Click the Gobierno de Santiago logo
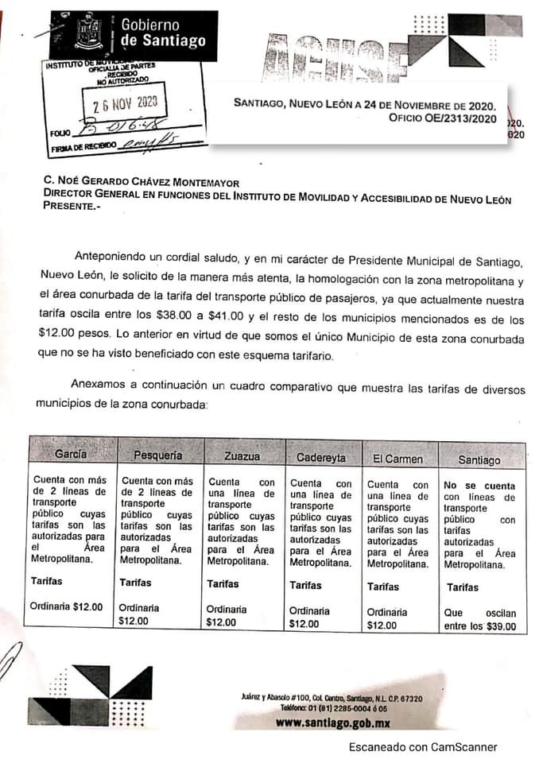[x=133, y=34]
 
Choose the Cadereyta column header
[x=320, y=458]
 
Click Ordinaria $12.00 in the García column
[x=67, y=606]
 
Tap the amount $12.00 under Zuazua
[x=221, y=622]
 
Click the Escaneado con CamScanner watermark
[x=423, y=747]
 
